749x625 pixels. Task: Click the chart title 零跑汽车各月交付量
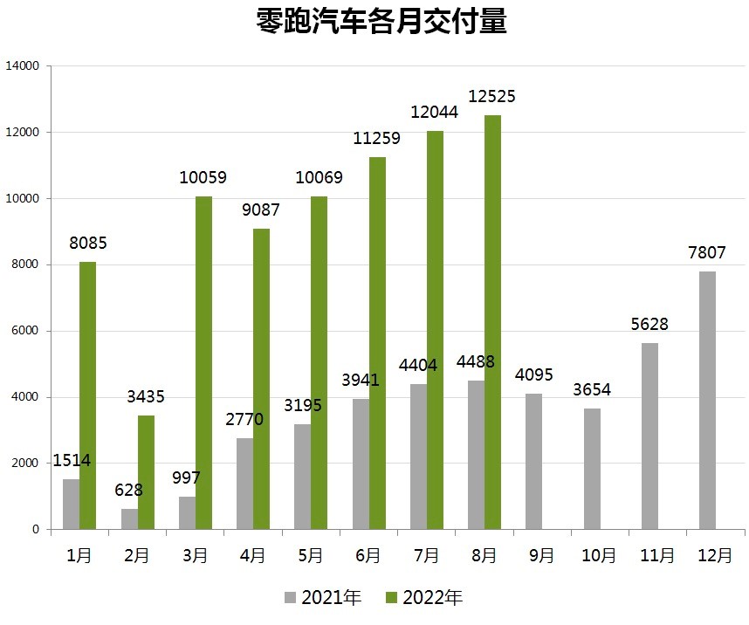tap(381, 23)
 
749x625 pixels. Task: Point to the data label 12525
tap(491, 97)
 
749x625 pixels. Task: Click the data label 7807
tap(706, 253)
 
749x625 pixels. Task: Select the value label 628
tap(129, 490)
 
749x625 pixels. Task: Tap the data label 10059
tap(203, 178)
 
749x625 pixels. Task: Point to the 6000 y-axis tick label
tap(25, 332)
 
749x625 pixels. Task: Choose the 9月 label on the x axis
tap(541, 555)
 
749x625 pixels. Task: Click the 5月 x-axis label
tap(310, 555)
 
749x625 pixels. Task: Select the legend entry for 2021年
tap(321, 598)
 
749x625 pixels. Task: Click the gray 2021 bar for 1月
tap(71, 504)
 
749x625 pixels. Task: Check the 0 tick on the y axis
tap(36, 530)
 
